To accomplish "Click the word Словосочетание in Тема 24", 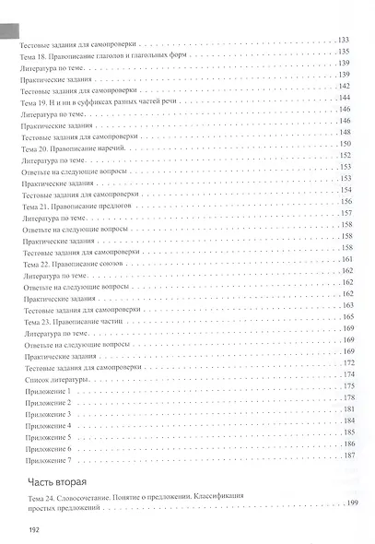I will click(90, 498).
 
